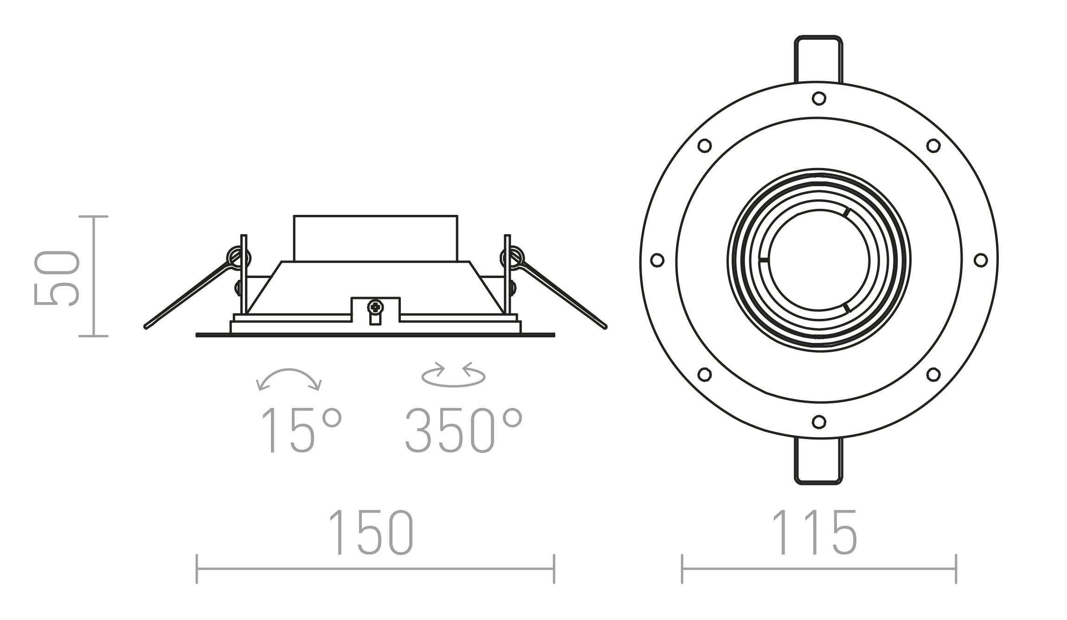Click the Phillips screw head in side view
375,307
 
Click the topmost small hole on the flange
819,98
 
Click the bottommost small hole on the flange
819,422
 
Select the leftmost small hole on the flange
657,260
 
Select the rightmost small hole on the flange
980,260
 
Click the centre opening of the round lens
818,260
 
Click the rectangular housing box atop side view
375,238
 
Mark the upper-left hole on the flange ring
704,145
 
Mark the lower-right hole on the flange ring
933,374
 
